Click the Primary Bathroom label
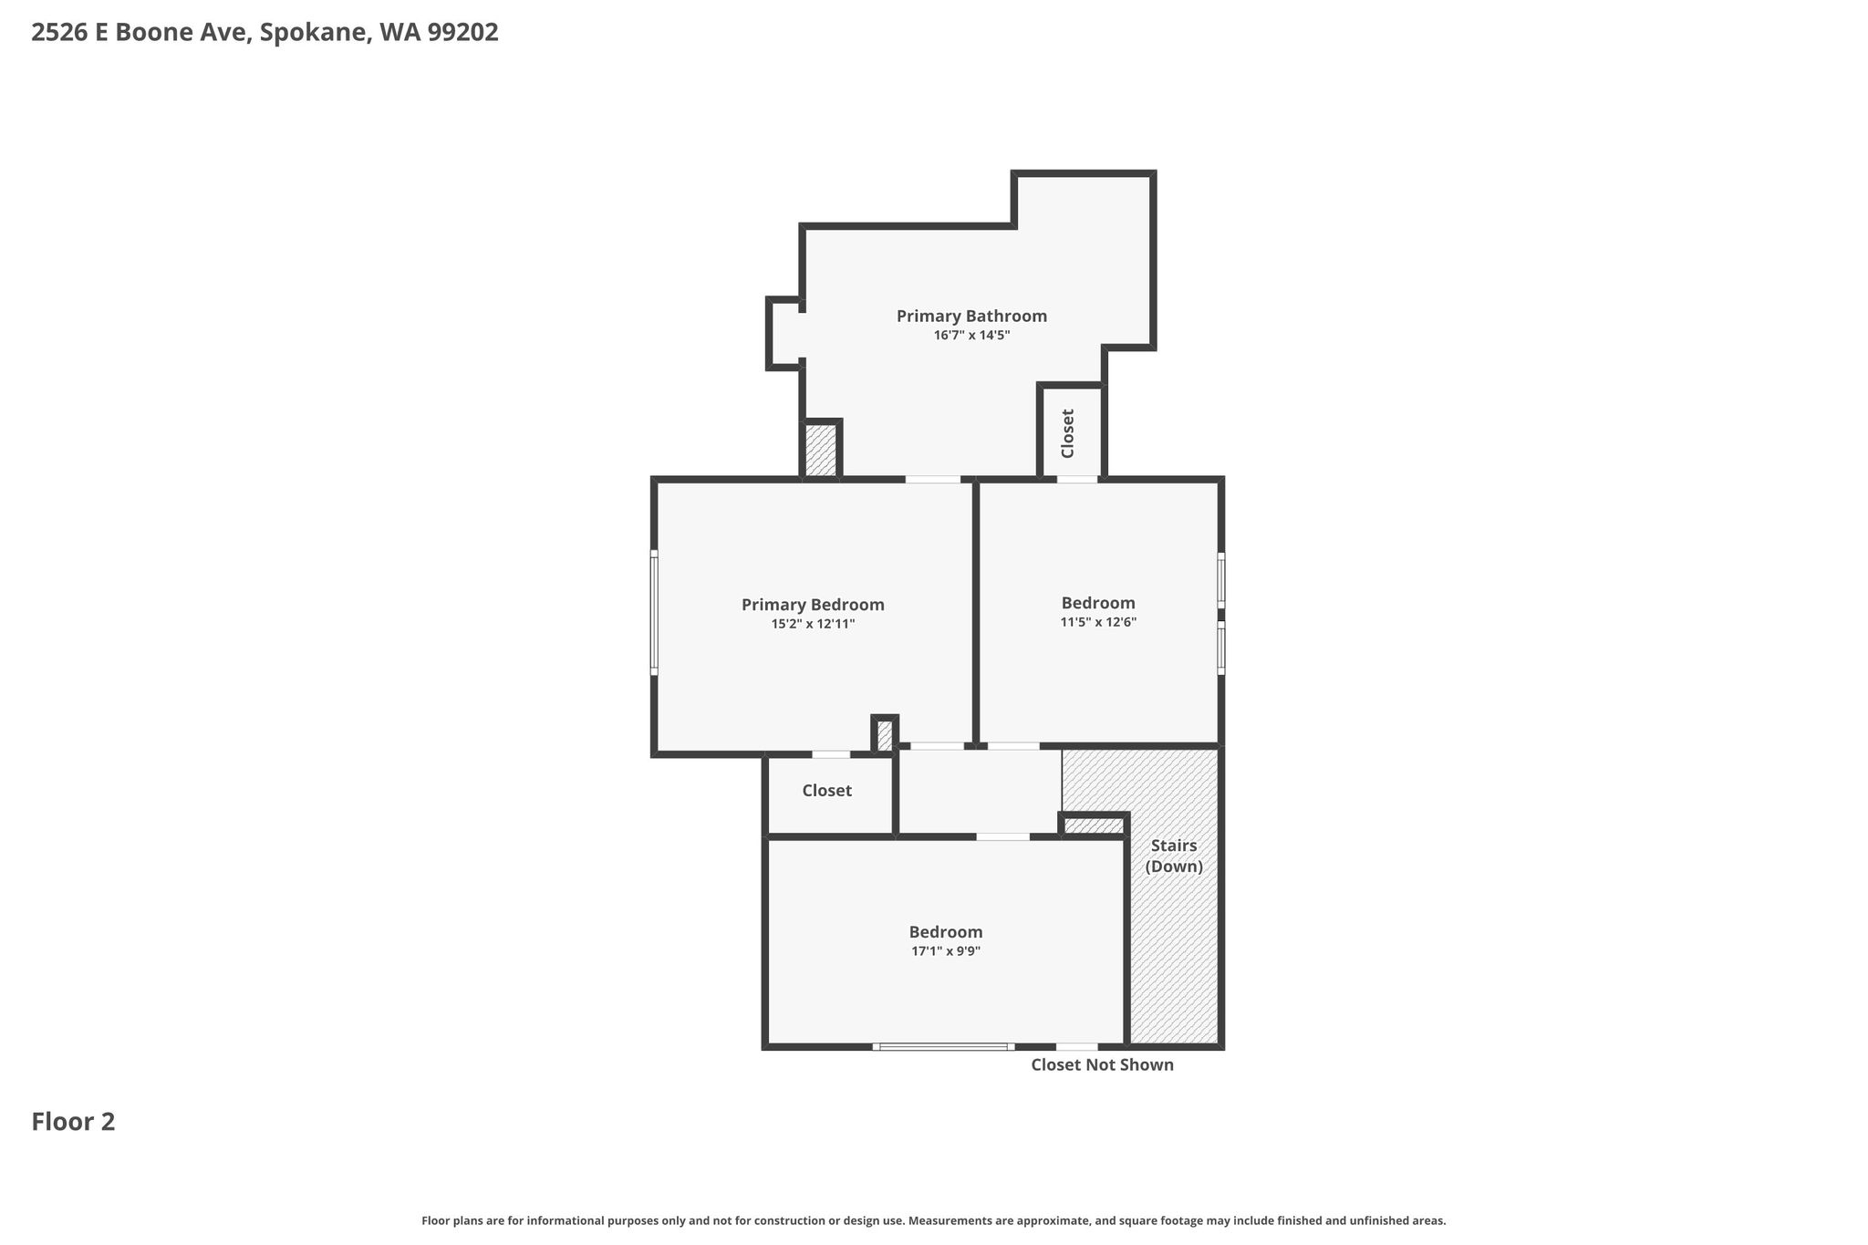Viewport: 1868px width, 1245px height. (x=971, y=316)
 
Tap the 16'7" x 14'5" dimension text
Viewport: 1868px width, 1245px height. (x=971, y=336)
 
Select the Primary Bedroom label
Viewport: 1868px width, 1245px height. (x=813, y=605)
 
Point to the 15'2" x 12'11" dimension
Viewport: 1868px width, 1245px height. (x=813, y=625)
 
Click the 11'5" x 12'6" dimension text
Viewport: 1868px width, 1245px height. (x=1098, y=623)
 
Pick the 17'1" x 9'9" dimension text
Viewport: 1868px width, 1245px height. (x=946, y=951)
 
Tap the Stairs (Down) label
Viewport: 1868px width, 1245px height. (x=1174, y=856)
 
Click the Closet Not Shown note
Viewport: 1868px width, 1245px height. (x=1102, y=1065)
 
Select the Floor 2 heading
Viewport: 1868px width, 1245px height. (x=73, y=1122)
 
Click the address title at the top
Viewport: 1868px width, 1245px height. (x=265, y=33)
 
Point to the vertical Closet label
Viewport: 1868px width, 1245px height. (x=1068, y=433)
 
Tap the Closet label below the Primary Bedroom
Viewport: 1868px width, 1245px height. (x=827, y=791)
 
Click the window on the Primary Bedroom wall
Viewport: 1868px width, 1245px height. (x=654, y=613)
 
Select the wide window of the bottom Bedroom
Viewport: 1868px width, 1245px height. (x=943, y=1047)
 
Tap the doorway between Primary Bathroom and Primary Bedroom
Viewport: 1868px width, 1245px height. (x=933, y=480)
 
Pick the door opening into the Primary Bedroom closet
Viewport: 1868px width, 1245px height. (x=831, y=754)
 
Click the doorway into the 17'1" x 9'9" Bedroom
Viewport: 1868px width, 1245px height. (x=1003, y=836)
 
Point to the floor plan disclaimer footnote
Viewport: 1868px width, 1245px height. (x=934, y=1221)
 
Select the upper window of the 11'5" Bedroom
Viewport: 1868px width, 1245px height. (x=1221, y=579)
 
